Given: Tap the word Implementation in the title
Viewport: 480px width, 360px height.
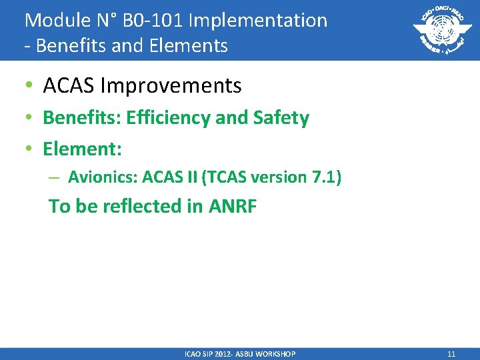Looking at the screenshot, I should (x=258, y=20).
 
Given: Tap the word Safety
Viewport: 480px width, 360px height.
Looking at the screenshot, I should (x=281, y=118).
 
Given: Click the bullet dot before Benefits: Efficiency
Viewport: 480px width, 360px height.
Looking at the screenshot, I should (x=29, y=119).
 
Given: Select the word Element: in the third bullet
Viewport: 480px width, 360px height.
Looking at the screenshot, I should (x=82, y=149).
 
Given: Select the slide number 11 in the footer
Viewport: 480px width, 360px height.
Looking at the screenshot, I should (x=451, y=354).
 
